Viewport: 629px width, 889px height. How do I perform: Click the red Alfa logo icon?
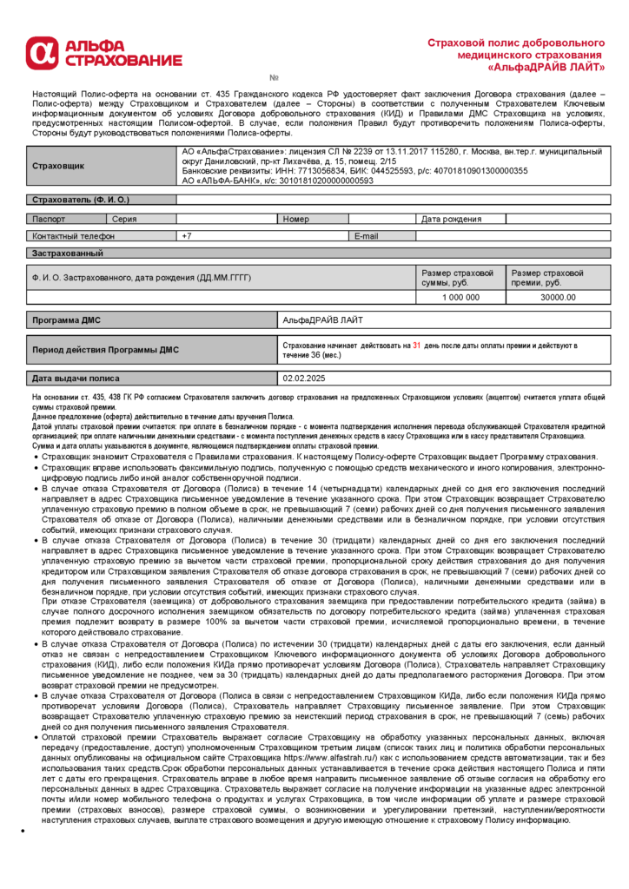click(40, 52)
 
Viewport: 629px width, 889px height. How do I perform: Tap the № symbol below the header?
click(274, 78)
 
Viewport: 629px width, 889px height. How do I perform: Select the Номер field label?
click(295, 219)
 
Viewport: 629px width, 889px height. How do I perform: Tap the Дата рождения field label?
click(451, 219)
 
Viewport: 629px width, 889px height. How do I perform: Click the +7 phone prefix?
click(186, 236)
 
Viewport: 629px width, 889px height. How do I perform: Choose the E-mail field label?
click(366, 236)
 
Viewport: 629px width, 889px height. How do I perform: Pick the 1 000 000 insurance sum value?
click(460, 297)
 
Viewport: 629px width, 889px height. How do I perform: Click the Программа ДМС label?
click(66, 320)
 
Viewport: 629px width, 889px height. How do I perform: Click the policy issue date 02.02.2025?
click(303, 379)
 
